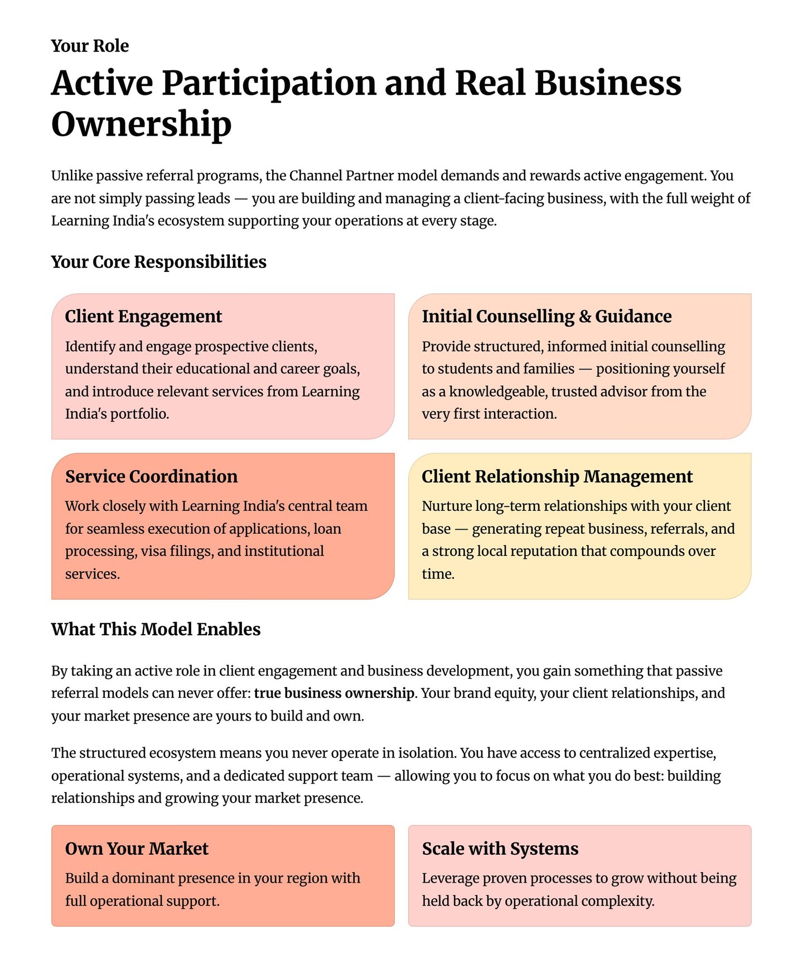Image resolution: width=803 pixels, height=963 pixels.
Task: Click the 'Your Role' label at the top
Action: coord(90,46)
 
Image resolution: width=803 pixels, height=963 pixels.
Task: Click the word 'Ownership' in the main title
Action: coord(141,124)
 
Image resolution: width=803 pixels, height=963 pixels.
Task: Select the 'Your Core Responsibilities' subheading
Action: coord(158,262)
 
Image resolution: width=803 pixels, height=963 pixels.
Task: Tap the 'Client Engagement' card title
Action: coord(143,317)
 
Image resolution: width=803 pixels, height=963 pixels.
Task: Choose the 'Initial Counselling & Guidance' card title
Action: coord(546,317)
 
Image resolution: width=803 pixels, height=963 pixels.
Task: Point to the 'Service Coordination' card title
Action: coord(151,477)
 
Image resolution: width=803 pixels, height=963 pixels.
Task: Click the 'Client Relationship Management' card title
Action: coord(557,477)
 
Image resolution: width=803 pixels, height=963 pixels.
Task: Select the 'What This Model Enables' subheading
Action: coord(156,630)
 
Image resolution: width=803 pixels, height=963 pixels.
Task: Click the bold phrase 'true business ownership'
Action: coord(333,693)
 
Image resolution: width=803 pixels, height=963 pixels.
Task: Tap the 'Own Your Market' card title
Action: coord(137,849)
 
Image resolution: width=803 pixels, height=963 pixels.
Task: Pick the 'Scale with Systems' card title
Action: coord(500,849)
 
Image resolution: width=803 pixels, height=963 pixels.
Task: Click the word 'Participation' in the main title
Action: coord(269,83)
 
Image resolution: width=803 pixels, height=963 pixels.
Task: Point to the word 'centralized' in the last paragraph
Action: coord(615,753)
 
